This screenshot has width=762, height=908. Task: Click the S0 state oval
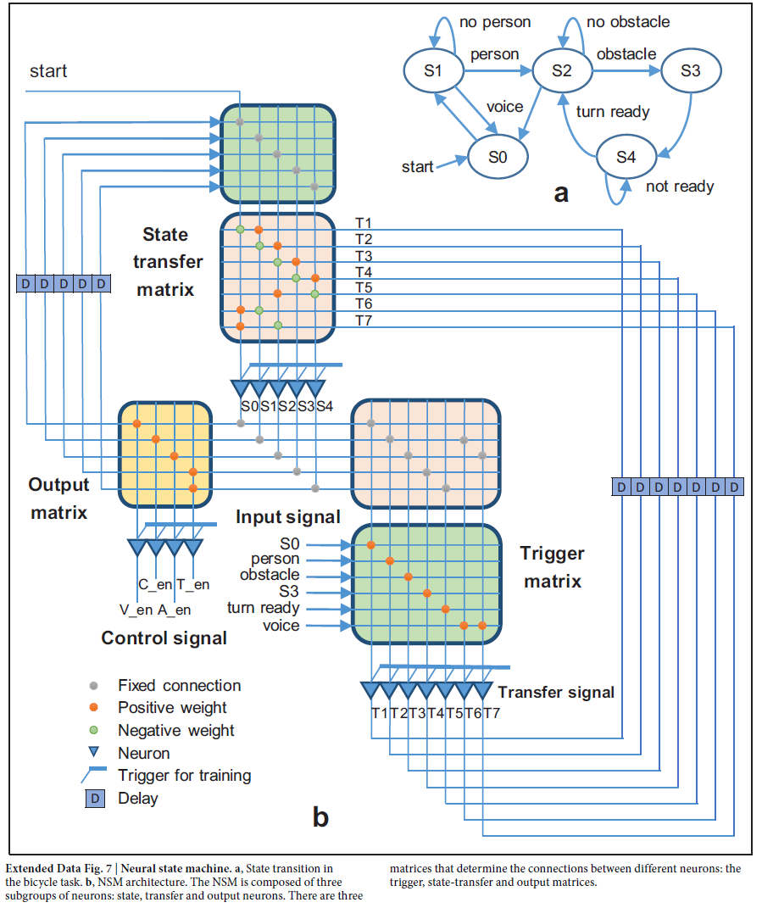pyautogui.click(x=498, y=156)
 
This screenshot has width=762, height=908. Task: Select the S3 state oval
pyautogui.click(x=691, y=71)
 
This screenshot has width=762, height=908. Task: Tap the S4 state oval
pyautogui.click(x=626, y=156)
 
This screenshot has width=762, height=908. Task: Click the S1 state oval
pyautogui.click(x=433, y=71)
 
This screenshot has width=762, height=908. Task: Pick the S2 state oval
pyautogui.click(x=561, y=71)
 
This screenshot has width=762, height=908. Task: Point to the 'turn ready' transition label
pyautogui.click(x=612, y=111)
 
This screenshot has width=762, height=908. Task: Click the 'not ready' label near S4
pyautogui.click(x=680, y=187)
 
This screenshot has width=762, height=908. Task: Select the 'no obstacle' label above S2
pyautogui.click(x=628, y=21)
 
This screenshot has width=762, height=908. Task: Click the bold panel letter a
pyautogui.click(x=561, y=193)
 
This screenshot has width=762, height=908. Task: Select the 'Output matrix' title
pyautogui.click(x=58, y=499)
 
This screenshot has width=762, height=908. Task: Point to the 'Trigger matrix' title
pyautogui.click(x=553, y=567)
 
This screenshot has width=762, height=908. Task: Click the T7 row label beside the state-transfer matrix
pyautogui.click(x=364, y=320)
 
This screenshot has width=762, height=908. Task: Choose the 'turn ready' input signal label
pyautogui.click(x=263, y=608)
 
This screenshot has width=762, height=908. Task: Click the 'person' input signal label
pyautogui.click(x=275, y=559)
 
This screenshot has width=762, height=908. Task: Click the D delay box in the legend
pyautogui.click(x=98, y=798)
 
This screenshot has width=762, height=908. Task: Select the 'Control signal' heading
pyautogui.click(x=164, y=638)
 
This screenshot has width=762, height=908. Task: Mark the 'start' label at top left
pyautogui.click(x=48, y=71)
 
